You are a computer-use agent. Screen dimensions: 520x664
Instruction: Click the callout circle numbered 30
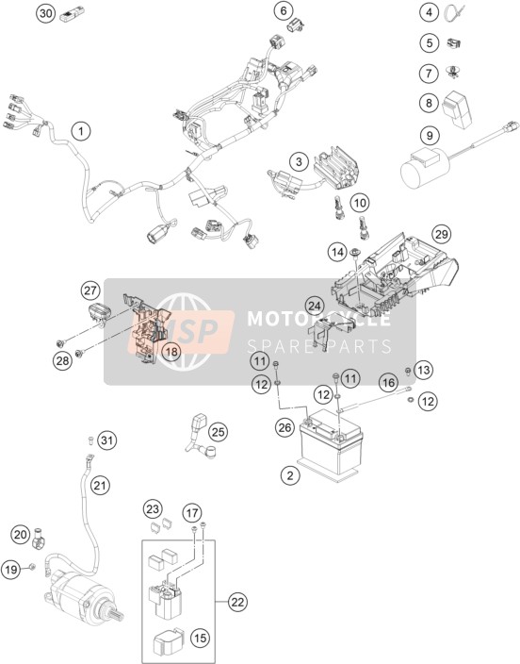(x=45, y=13)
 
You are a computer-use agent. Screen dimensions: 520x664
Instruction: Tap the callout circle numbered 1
(x=81, y=131)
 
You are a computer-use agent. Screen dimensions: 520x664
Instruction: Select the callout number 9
(x=430, y=136)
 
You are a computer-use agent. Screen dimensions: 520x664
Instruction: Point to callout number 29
(x=441, y=234)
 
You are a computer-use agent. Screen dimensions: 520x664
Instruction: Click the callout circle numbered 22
(x=237, y=602)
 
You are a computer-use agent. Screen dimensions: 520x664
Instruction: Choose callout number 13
(x=423, y=370)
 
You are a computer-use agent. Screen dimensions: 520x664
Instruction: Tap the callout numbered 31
(x=107, y=440)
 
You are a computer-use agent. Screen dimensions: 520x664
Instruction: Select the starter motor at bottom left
(x=83, y=595)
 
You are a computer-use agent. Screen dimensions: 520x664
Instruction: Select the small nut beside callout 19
(x=33, y=567)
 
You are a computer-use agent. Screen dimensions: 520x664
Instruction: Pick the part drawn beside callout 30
(x=68, y=16)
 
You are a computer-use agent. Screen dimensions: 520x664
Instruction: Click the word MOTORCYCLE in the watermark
(x=318, y=319)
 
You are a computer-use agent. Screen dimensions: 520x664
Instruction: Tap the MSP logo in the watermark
(x=181, y=331)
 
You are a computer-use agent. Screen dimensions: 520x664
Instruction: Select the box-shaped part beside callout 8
(x=457, y=108)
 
